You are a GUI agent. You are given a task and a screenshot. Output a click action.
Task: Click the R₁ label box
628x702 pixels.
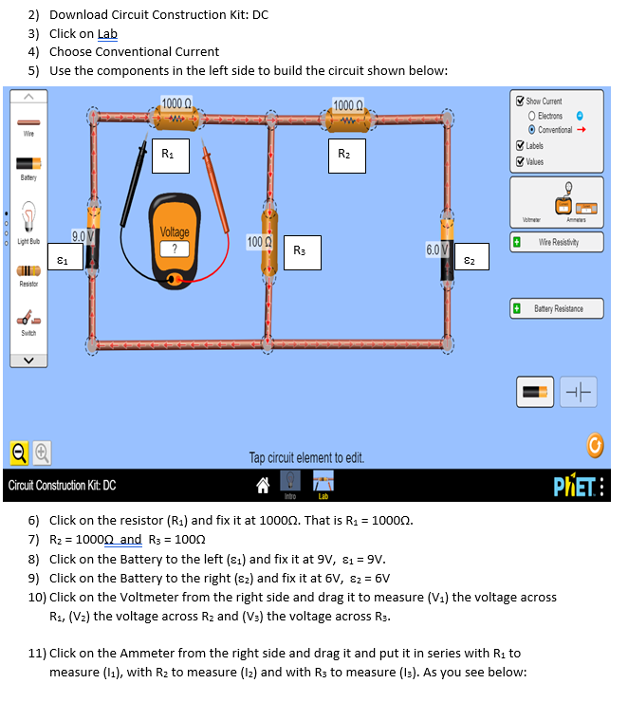point(170,153)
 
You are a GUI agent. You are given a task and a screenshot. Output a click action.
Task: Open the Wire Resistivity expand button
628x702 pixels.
point(518,243)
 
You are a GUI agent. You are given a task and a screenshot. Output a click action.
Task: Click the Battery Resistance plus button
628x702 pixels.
point(518,308)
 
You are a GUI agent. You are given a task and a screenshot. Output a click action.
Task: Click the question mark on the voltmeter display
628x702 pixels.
point(175,248)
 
